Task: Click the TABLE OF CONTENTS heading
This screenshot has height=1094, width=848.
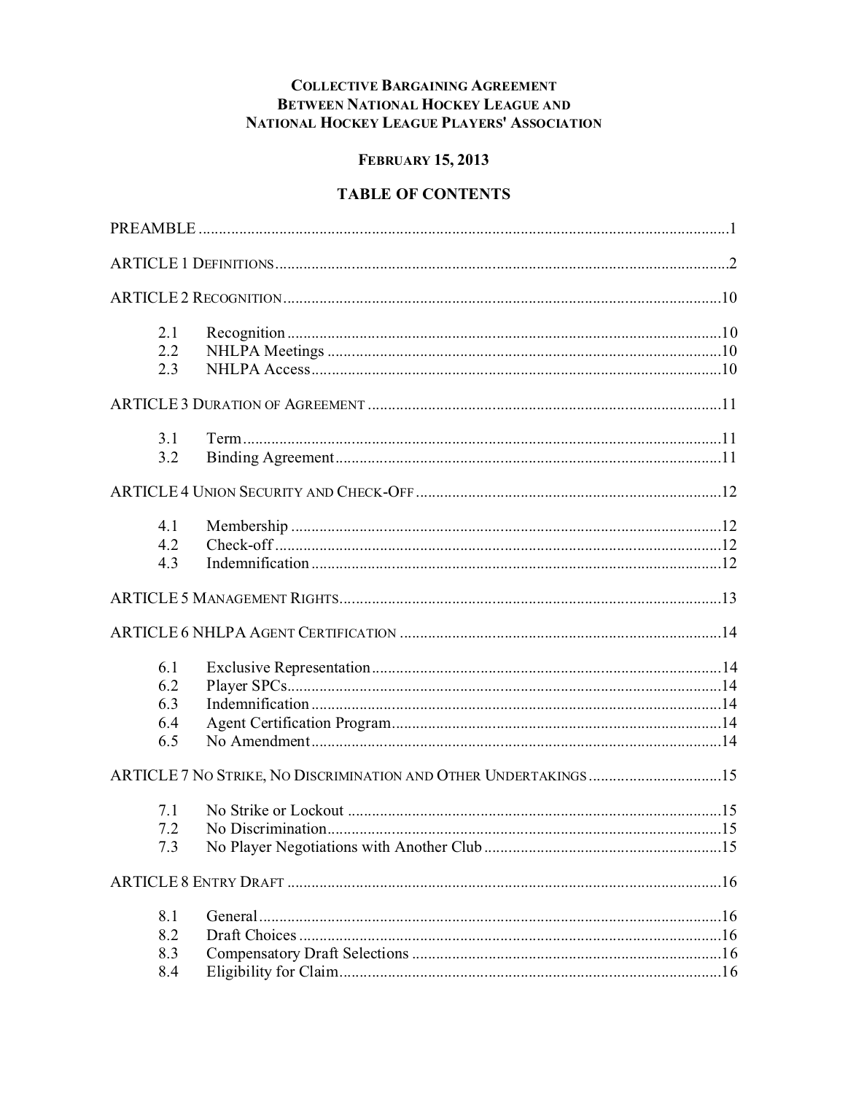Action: pos(423,194)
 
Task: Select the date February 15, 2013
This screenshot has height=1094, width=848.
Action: pos(423,160)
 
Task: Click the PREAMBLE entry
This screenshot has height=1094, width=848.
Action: pos(152,229)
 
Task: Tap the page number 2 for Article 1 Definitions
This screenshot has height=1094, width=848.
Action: pos(732,263)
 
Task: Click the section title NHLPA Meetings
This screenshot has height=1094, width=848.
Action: pos(265,351)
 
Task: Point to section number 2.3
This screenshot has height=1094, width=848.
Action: pos(168,369)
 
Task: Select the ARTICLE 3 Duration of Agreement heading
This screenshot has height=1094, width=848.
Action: pos(237,405)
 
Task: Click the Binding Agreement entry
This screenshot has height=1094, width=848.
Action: pos(270,457)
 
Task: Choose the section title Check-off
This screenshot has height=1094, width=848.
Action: pos(239,545)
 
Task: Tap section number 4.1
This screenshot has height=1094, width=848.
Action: pos(168,526)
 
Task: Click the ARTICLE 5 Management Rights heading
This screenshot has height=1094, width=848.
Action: pos(224,599)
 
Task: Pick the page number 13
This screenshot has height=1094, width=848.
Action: pos(728,599)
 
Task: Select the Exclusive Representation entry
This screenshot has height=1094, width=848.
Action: pos(288,667)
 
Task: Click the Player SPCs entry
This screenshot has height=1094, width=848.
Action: pos(246,686)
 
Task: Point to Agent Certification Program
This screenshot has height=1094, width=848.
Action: pos(299,723)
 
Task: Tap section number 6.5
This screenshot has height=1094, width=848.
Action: pos(168,741)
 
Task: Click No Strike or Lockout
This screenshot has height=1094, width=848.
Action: pos(275,810)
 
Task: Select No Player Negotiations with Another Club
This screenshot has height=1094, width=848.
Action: pos(344,847)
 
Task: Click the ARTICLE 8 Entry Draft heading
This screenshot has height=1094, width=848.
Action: pos(197,882)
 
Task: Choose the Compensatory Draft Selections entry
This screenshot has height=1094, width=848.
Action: pos(307,953)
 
